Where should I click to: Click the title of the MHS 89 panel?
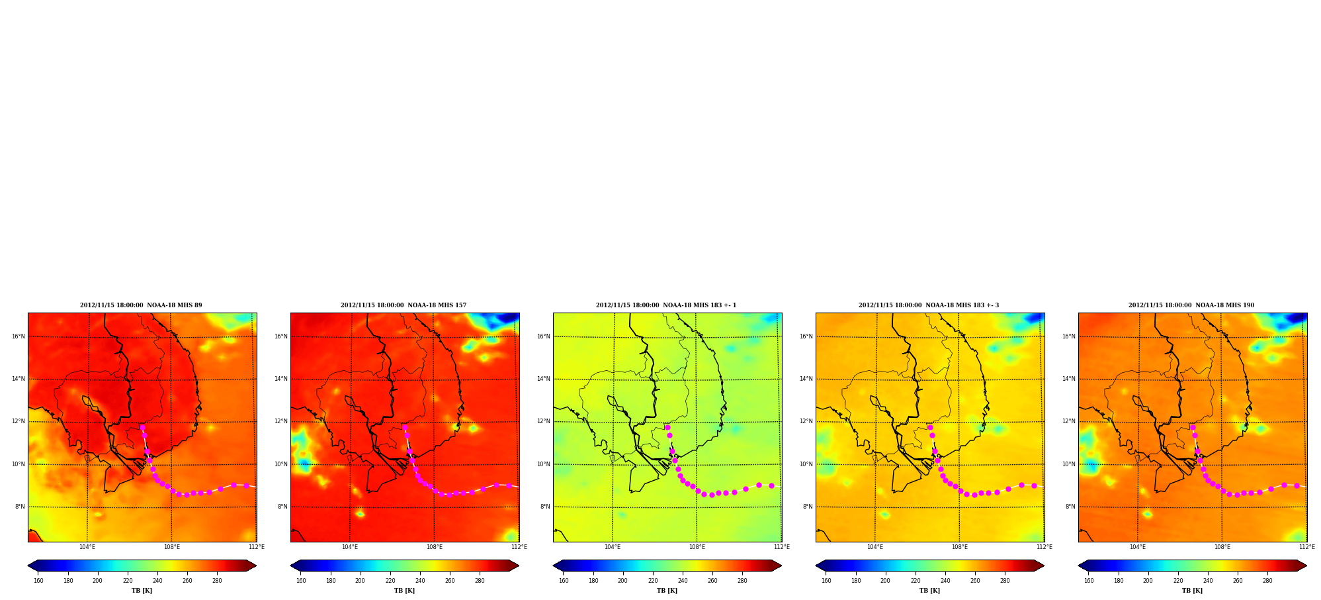(141, 305)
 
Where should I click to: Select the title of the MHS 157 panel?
(404, 305)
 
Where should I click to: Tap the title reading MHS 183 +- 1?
(666, 305)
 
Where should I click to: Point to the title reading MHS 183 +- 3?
(929, 305)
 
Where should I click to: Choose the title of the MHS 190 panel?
(1191, 305)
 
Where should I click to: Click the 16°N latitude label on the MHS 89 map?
(18, 336)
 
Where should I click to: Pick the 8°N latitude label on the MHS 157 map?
(282, 507)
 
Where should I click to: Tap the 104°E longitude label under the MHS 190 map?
(1138, 547)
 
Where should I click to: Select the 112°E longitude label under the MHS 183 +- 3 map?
(1044, 547)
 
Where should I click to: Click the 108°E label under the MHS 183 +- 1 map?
(697, 547)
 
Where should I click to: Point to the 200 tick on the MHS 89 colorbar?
(97, 581)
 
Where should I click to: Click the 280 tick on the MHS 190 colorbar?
(1267, 581)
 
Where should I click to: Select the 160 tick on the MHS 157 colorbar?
(301, 581)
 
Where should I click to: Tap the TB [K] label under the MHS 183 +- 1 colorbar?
(667, 591)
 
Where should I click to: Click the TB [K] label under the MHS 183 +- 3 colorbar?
(929, 591)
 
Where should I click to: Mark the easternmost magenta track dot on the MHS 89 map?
(246, 485)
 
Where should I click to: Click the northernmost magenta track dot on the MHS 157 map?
(405, 427)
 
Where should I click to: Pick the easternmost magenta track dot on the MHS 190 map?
(1297, 485)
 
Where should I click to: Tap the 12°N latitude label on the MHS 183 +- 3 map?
(806, 421)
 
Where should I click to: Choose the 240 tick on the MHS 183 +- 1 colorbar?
(683, 581)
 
